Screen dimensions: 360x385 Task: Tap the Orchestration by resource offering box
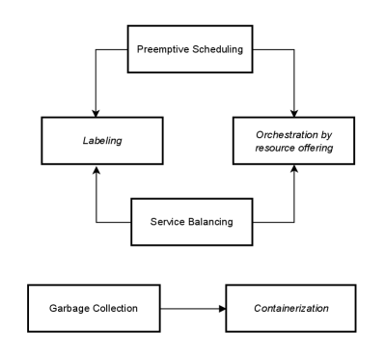pos(293,141)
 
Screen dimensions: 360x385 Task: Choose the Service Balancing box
pos(191,222)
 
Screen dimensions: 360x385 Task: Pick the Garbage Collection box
pos(93,308)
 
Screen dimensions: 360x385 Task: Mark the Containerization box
pos(290,308)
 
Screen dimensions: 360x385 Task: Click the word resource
pos(273,148)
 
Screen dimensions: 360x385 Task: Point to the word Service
pos(168,222)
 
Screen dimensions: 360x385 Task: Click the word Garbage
pos(69,308)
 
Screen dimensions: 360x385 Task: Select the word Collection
pos(115,308)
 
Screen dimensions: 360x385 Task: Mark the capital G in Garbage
pos(52,308)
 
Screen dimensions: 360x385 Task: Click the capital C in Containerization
pos(257,308)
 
